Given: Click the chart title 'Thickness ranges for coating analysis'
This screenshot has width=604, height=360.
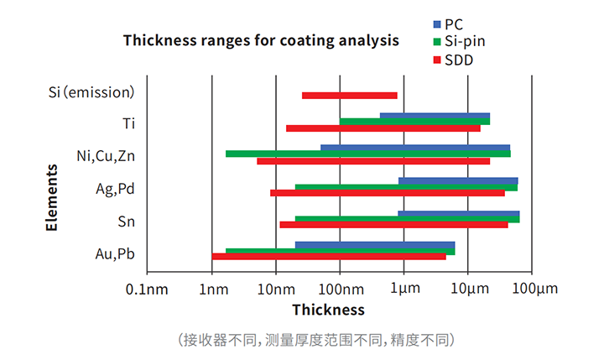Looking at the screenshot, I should pos(261,40).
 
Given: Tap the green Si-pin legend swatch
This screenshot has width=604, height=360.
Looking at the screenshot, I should pos(437,41).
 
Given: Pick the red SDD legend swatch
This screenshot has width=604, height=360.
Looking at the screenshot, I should pos(437,60).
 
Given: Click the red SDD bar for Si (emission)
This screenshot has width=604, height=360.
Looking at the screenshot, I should pos(349,96).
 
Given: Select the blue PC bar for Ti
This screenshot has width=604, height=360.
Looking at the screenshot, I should pos(435,116).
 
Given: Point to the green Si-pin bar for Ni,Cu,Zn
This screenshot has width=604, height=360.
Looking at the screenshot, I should pos(367,154).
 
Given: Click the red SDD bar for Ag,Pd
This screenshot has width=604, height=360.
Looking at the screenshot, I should pos(387,193).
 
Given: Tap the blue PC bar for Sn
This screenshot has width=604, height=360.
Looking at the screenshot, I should pos(458,213).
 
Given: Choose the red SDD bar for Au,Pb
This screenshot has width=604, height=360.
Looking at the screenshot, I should pos(329,257).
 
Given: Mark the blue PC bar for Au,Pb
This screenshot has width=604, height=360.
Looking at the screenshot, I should pos(374,244).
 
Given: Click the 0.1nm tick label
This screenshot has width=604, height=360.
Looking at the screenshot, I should pos(147,290).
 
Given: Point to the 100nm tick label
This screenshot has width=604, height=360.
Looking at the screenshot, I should pos(340,290).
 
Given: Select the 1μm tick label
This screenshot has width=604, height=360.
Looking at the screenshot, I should pos(404,290).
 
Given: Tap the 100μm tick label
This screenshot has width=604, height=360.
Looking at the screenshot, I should pos(534,290).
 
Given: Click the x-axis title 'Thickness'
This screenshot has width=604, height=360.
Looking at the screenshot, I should pos(328,310).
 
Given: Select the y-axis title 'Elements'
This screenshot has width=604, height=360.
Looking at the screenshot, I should pos(52,197).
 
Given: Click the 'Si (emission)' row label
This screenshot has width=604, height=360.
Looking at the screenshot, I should pos(91,91).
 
